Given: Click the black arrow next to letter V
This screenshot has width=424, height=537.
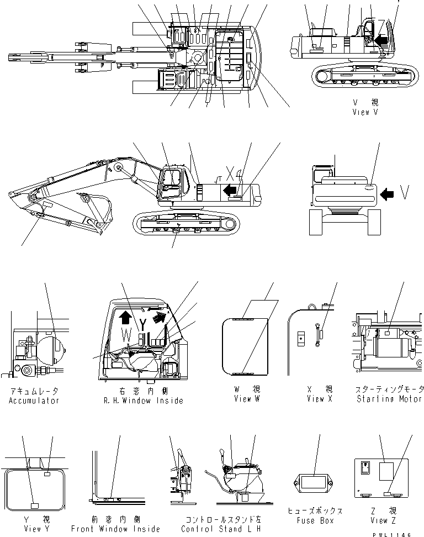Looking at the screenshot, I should tap(388, 193).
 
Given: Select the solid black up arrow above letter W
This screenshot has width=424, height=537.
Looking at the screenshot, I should tap(125, 317).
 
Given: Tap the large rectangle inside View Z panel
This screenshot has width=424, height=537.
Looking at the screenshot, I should tap(386, 473).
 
